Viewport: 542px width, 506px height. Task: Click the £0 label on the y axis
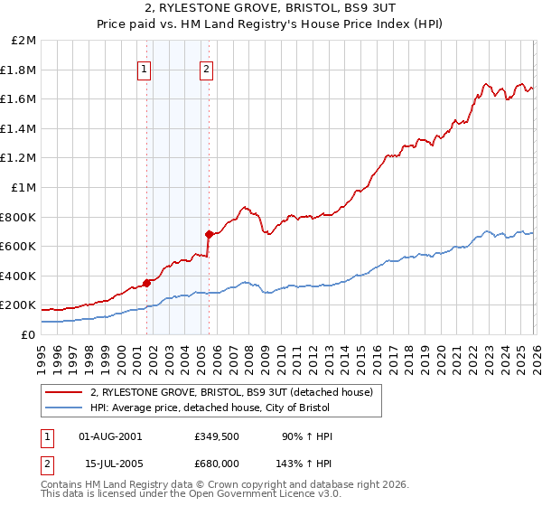[x=29, y=334]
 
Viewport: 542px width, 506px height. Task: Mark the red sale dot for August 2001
[x=146, y=283]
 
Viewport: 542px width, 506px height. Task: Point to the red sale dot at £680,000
[x=209, y=234]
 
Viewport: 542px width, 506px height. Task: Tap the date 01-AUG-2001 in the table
[x=110, y=436]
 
